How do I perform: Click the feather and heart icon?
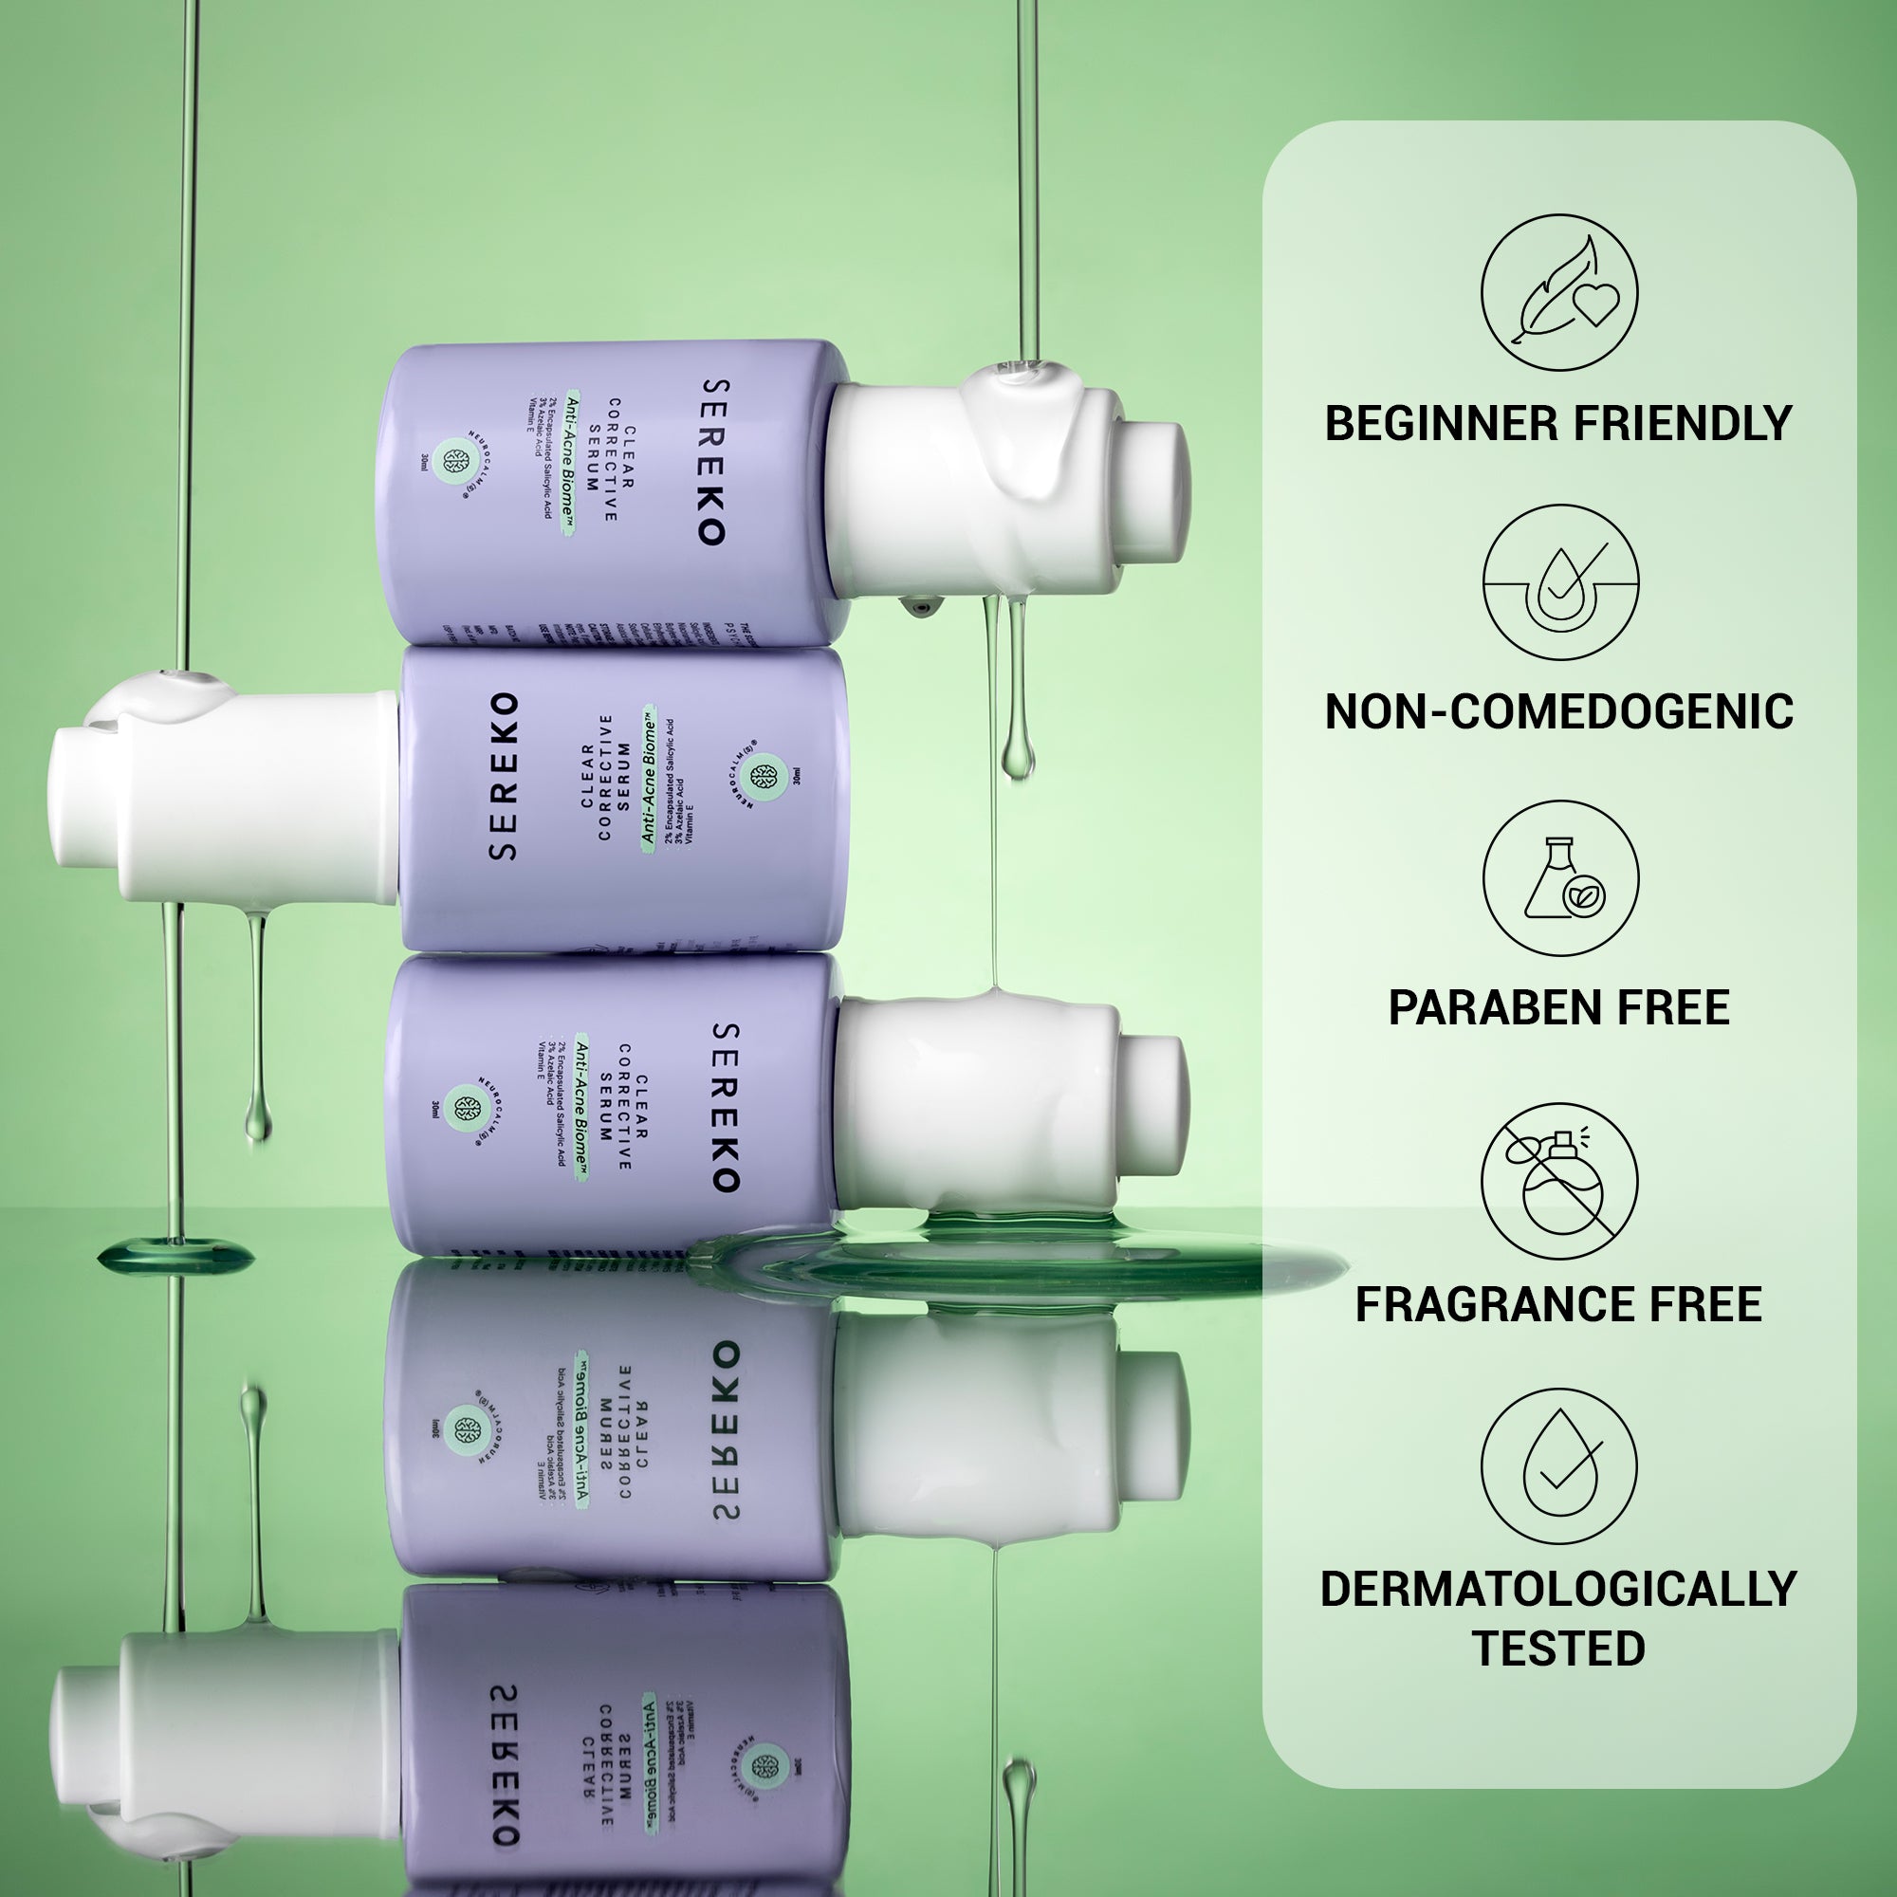1559,292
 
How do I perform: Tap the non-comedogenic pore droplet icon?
1559,583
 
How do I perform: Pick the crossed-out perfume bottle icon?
1559,1181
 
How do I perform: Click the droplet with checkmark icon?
1559,1467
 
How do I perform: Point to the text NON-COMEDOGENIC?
1559,712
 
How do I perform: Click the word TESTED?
1559,1648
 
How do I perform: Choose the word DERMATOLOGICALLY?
1559,1589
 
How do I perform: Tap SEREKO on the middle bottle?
504,777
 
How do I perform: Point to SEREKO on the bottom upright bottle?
724,1108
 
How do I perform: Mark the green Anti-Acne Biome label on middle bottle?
648,777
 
